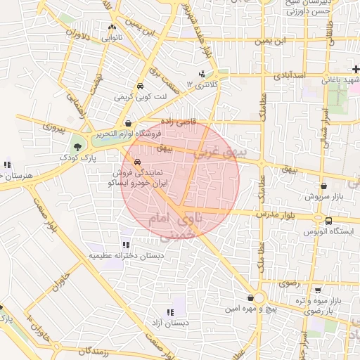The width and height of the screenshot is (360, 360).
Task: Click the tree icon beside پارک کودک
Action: click(76, 147)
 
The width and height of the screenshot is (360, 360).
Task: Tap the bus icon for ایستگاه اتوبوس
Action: click(349, 220)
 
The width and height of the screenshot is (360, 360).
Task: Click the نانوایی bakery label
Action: click(113, 38)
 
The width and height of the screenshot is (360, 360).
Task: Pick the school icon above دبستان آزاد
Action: click(169, 311)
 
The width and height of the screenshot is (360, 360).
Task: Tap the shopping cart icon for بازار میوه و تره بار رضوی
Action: click(319, 289)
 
